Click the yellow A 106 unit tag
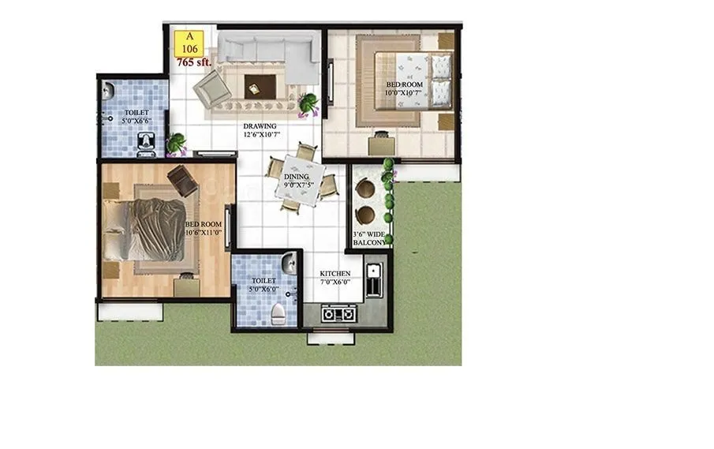pos(189,42)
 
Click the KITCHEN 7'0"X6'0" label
pos(335,279)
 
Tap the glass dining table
pos(301,181)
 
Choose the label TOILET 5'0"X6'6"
pos(135,117)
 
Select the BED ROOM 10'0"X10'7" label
pos(404,88)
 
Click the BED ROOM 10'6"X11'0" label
pos(204,229)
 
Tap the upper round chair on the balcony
pos(366,189)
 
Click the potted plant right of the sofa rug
pos(308,103)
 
